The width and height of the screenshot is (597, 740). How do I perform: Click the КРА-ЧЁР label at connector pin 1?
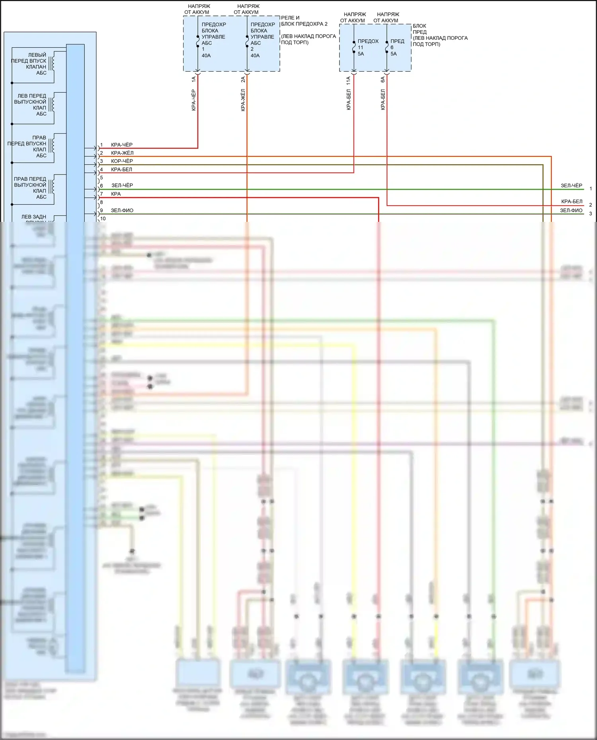tap(121, 145)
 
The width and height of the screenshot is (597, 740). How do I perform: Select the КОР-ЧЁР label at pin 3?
tap(122, 161)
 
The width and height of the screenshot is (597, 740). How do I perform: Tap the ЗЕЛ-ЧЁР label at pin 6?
tap(122, 185)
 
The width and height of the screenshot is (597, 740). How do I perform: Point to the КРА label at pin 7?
tap(116, 194)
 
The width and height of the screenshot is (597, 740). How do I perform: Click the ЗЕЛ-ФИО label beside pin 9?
tap(122, 210)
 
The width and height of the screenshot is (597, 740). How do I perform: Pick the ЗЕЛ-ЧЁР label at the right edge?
tap(571, 186)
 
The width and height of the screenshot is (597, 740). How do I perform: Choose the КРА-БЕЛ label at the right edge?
tap(572, 202)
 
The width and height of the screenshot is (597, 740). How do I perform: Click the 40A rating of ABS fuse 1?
tap(206, 56)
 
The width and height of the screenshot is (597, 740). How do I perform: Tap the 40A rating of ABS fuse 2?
tap(255, 56)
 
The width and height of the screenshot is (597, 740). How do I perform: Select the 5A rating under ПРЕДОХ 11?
tap(361, 54)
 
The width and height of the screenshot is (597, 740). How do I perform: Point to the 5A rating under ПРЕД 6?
tap(394, 54)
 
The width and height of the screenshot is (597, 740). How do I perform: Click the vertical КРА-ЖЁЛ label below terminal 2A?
tap(243, 100)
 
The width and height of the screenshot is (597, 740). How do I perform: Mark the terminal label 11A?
tap(349, 81)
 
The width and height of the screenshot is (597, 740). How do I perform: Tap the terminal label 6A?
tap(383, 80)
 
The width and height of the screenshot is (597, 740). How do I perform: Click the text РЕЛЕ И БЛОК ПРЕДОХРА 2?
tap(304, 21)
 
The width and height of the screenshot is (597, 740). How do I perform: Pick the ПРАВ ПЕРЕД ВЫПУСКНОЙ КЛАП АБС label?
tap(30, 188)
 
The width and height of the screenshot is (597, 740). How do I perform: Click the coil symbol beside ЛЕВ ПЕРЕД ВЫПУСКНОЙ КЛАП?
tap(52, 104)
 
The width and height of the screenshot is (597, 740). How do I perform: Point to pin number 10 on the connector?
tap(103, 218)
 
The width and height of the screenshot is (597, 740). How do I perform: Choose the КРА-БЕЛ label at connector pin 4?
tap(121, 169)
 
